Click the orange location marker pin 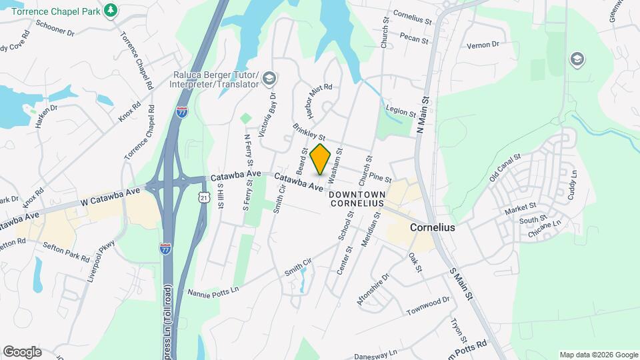tap(321, 159)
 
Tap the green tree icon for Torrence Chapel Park tap(111, 10)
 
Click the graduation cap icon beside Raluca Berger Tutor tap(269, 79)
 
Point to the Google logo tap(22, 352)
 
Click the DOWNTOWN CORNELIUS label tap(357, 198)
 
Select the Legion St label tap(401, 109)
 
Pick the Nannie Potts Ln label tap(213, 293)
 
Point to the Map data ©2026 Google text tap(598, 355)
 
